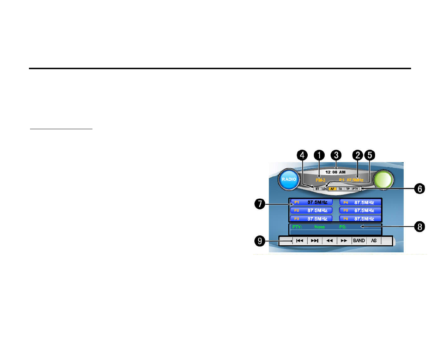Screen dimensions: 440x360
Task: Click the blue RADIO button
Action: [289, 179]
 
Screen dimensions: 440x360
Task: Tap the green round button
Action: [383, 179]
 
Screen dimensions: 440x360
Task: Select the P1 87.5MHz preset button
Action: [311, 202]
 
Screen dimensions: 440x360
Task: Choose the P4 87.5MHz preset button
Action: [360, 203]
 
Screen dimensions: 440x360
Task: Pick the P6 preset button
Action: [360, 219]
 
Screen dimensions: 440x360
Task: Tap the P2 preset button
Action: [311, 210]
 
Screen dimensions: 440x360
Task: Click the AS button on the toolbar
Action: [374, 241]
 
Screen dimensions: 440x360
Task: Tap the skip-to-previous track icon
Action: [300, 241]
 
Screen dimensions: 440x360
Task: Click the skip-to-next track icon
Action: [314, 241]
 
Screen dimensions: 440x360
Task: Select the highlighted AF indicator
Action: [332, 189]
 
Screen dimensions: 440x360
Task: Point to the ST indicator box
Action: [317, 189]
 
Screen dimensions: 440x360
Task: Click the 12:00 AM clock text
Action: [335, 172]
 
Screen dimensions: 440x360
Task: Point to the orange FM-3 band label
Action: [320, 180]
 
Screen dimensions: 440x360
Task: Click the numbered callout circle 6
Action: [420, 189]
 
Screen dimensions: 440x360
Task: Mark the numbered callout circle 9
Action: [260, 241]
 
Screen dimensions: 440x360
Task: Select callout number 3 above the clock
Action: [336, 155]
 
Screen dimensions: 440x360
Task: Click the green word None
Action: [319, 227]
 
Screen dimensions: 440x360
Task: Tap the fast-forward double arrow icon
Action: [344, 241]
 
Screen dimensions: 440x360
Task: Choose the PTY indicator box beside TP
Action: [355, 189]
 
